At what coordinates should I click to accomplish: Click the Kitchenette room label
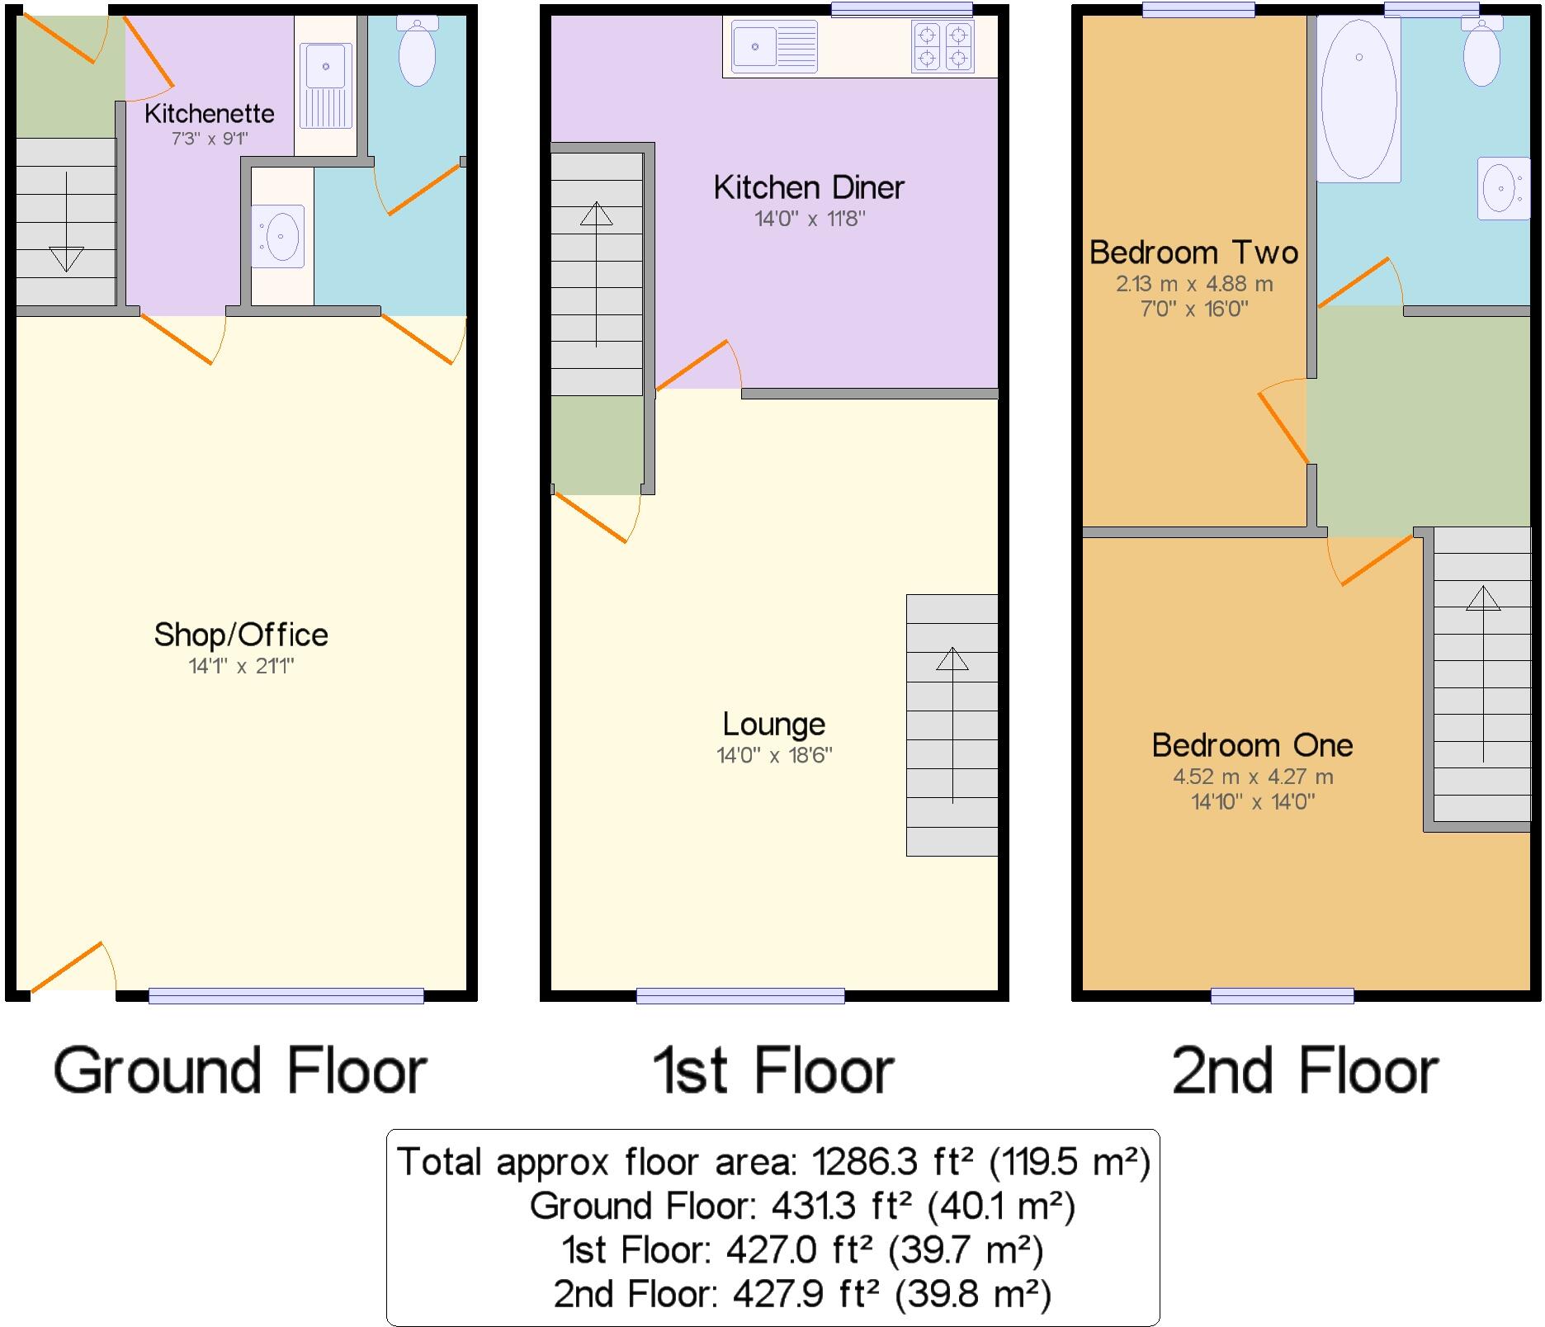pyautogui.click(x=209, y=113)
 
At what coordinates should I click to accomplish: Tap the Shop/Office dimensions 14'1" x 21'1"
pyautogui.click(x=241, y=666)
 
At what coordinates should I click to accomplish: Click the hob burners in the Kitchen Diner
pyautogui.click(x=942, y=46)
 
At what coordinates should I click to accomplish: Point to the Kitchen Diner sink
pyautogui.click(x=774, y=46)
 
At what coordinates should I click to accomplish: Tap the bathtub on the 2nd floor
pyautogui.click(x=1358, y=99)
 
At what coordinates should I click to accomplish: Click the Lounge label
pyautogui.click(x=773, y=725)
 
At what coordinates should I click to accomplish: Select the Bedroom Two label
pyautogui.click(x=1193, y=253)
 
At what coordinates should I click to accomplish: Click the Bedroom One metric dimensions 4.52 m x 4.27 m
pyautogui.click(x=1253, y=777)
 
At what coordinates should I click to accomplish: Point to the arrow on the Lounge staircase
pyautogui.click(x=952, y=660)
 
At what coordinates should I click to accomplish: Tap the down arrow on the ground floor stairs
pyautogui.click(x=66, y=257)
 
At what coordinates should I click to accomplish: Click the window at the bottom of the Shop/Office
pyautogui.click(x=286, y=996)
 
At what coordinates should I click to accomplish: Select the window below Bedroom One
pyautogui.click(x=1282, y=996)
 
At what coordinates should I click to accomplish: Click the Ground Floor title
pyautogui.click(x=240, y=1071)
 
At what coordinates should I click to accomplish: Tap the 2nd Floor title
pyautogui.click(x=1305, y=1071)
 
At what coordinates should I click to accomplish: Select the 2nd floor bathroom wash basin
pyautogui.click(x=1501, y=189)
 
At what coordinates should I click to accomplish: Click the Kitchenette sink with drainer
pyautogui.click(x=325, y=85)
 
